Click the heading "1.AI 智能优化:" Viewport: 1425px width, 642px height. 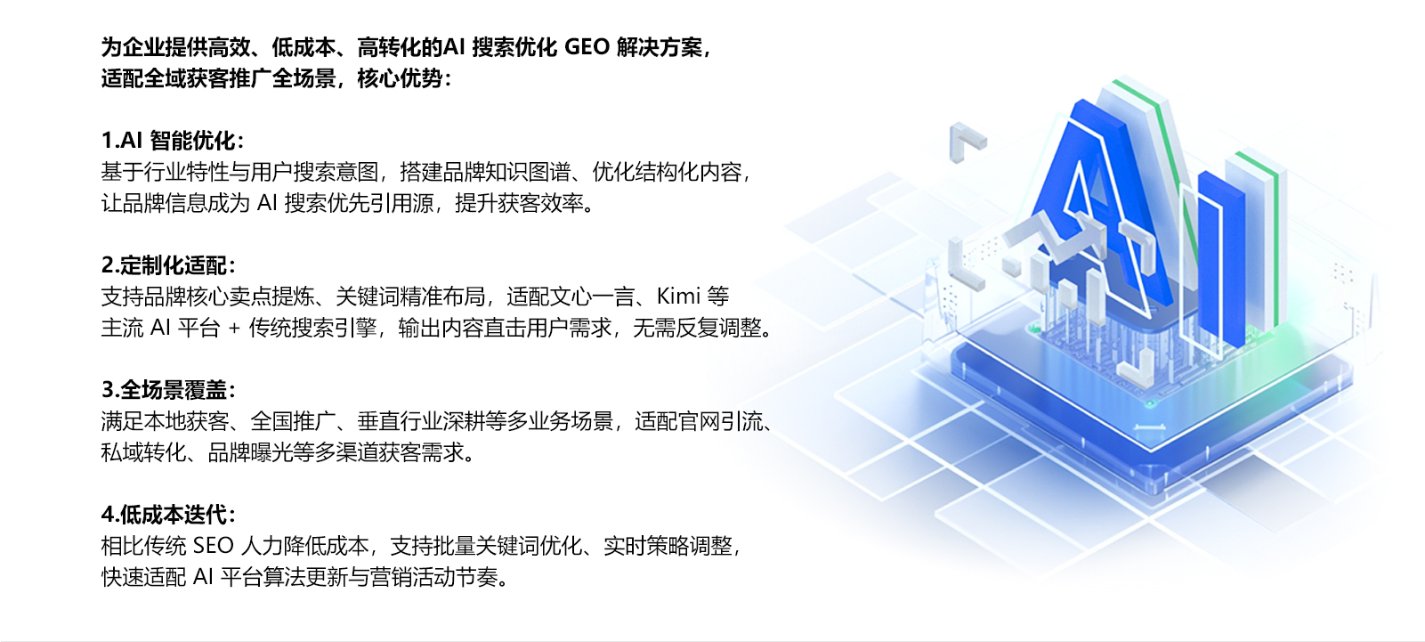(172, 140)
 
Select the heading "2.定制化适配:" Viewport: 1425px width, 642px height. (168, 265)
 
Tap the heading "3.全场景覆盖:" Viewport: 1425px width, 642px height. (168, 389)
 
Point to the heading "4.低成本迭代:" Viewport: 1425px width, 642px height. (168, 514)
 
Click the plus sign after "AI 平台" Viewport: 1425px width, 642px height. (234, 329)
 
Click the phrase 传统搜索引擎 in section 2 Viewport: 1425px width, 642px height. (312, 329)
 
